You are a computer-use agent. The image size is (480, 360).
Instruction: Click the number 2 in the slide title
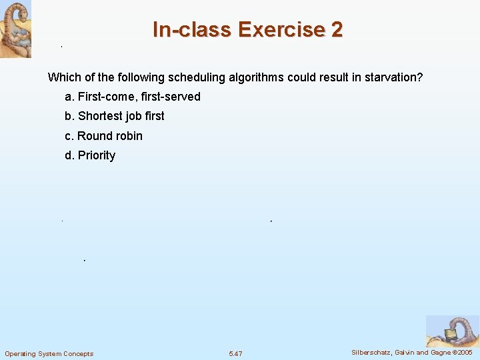tap(335, 30)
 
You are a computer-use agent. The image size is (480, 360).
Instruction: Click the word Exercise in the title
tap(279, 30)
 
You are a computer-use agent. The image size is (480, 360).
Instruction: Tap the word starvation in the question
tap(393, 77)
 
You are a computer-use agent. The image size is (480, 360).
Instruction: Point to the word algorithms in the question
tap(256, 77)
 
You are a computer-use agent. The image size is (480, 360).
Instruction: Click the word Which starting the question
tap(63, 77)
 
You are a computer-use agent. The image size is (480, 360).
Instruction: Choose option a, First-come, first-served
tap(133, 97)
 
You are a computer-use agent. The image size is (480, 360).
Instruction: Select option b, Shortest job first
tap(115, 116)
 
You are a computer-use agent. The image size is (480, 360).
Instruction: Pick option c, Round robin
tap(103, 136)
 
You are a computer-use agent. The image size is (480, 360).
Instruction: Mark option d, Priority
tap(90, 155)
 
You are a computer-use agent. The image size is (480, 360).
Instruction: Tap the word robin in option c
tap(129, 136)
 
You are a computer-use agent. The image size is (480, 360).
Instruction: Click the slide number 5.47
tap(235, 353)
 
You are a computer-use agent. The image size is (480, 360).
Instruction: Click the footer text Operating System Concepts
tap(49, 353)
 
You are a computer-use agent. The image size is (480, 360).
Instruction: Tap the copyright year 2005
tap(464, 353)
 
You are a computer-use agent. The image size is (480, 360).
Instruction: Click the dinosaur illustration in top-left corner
tap(15, 29)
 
